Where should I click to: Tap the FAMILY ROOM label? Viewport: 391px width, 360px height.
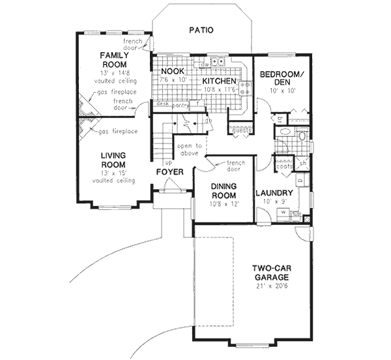112,60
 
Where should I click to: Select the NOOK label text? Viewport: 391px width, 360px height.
173,71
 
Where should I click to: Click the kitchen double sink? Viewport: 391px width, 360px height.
218,63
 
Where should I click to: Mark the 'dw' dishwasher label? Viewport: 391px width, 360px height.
204,65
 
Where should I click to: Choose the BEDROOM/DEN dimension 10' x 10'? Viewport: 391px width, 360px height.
282,91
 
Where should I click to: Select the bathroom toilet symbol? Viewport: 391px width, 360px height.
301,136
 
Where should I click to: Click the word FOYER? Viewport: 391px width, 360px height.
170,172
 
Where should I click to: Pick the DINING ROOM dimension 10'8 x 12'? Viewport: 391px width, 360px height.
225,203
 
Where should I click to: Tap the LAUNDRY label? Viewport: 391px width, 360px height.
273,192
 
